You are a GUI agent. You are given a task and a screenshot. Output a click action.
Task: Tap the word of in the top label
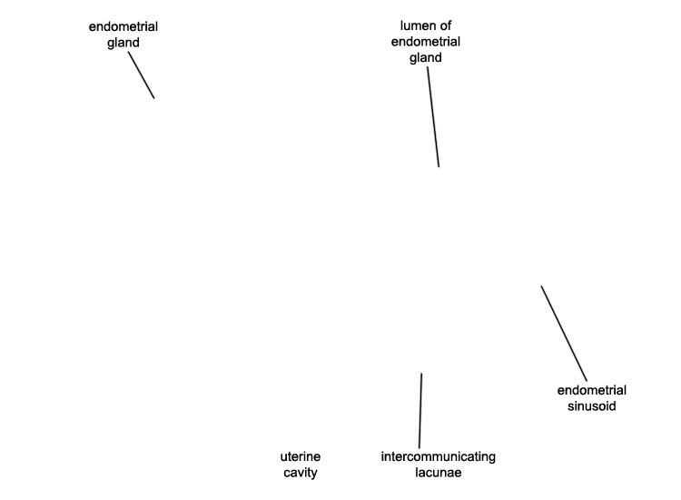click(x=446, y=26)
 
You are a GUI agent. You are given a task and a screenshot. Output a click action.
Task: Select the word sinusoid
click(x=591, y=406)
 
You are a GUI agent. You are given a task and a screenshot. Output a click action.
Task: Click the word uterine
click(x=301, y=456)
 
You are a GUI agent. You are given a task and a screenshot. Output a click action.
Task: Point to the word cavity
click(x=301, y=473)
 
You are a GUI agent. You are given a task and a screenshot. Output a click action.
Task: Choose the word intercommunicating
click(x=439, y=456)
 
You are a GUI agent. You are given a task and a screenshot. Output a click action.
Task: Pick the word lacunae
click(x=439, y=473)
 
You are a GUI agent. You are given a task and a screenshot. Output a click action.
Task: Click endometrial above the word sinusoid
click(x=591, y=390)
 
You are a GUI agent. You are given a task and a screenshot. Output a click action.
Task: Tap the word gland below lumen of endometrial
click(x=426, y=58)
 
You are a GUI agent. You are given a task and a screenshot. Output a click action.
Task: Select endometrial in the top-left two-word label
click(x=123, y=26)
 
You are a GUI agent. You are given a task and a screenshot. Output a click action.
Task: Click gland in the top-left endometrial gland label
click(x=123, y=43)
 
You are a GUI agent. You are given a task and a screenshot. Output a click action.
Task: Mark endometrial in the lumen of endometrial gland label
click(x=426, y=42)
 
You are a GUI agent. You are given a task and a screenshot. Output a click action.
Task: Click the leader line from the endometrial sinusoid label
click(x=564, y=334)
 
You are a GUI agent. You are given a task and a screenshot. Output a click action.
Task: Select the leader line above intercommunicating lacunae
click(x=420, y=410)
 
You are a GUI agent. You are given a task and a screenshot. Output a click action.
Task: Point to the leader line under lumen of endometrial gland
click(x=433, y=116)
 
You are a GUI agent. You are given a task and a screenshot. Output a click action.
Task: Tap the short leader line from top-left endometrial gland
click(x=141, y=75)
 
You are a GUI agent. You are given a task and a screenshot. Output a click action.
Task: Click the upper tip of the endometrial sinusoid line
click(x=541, y=286)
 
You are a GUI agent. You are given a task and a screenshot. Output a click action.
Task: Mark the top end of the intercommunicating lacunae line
click(x=421, y=374)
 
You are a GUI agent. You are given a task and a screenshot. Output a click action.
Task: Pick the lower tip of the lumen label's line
click(x=439, y=166)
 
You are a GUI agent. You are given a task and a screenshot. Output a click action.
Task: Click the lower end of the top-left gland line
click(x=154, y=98)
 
